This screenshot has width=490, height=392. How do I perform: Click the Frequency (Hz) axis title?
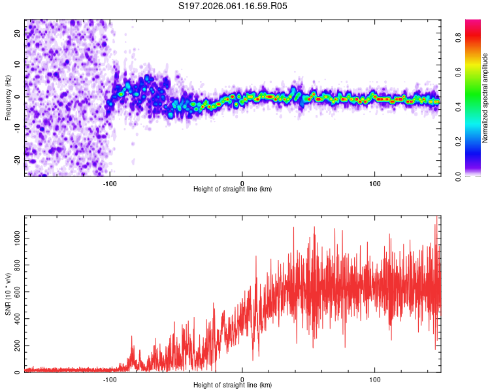pos(8,98)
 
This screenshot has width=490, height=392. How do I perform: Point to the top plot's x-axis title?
pos(233,189)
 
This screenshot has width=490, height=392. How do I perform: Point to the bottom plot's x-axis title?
pos(233,385)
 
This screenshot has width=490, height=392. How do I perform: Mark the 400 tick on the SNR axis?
pos(16,319)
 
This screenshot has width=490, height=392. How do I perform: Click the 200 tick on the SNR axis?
pos(16,346)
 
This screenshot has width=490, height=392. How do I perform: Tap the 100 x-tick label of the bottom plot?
pos(375,379)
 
